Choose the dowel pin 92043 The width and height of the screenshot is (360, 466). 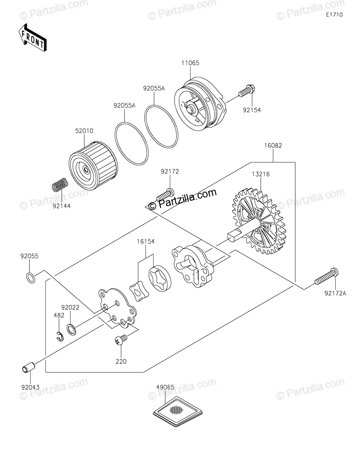coord(29,367)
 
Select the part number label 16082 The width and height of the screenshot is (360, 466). coord(273,146)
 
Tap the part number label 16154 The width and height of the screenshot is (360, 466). coord(145,242)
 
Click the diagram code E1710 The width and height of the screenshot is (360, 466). coord(334,15)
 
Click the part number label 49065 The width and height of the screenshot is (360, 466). coord(165,387)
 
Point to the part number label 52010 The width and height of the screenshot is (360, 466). coord(84,131)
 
